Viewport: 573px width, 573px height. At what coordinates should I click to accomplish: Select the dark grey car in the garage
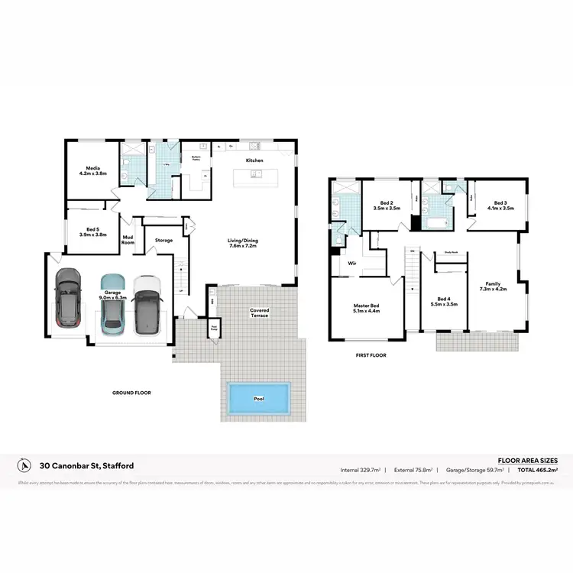pyautogui.click(x=69, y=298)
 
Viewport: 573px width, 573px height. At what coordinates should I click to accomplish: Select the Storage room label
pyautogui.click(x=163, y=241)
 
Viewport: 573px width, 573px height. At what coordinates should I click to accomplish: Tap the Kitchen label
pyautogui.click(x=254, y=160)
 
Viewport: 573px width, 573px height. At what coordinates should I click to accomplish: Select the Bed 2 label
pyautogui.click(x=387, y=205)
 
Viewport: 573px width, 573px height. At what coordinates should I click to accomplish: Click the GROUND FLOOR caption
pyautogui.click(x=131, y=393)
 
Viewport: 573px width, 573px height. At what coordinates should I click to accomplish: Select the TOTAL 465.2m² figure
pyautogui.click(x=538, y=471)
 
